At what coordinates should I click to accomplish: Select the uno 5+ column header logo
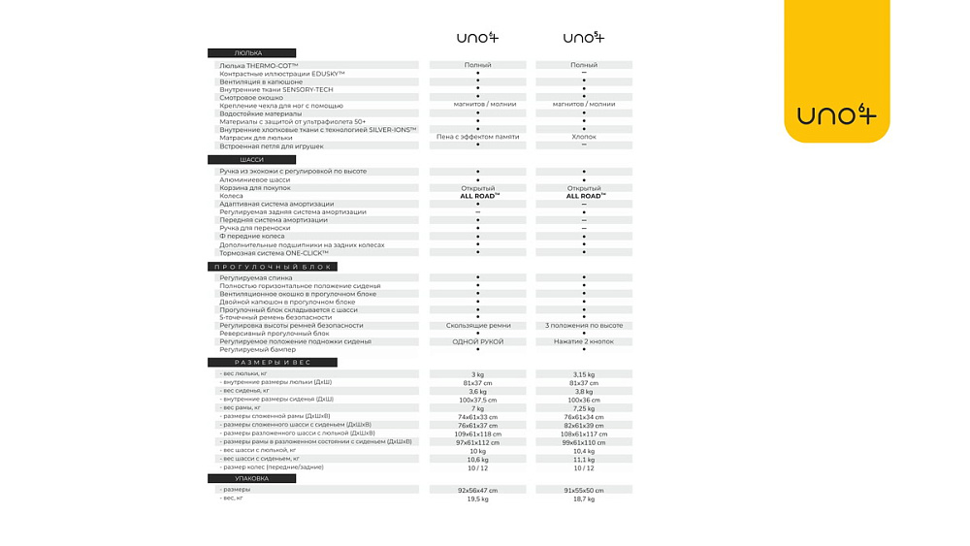tap(584, 39)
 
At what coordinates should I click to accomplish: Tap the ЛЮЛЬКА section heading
tap(251, 53)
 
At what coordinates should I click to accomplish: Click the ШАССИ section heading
tap(251, 160)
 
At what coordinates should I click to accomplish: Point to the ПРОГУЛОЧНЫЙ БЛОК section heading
tap(272, 267)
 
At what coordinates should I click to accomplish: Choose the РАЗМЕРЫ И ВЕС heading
tap(273, 363)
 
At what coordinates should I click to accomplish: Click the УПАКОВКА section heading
tap(251, 478)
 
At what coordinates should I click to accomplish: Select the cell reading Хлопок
tap(584, 137)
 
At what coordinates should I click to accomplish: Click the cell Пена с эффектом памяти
tap(477, 137)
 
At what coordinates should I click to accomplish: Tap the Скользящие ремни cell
tap(477, 326)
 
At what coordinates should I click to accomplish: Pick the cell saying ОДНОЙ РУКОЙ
tap(477, 341)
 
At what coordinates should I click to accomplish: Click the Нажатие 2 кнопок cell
tap(584, 341)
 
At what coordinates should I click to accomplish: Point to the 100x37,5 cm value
tap(477, 400)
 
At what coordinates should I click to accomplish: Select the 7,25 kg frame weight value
tap(584, 408)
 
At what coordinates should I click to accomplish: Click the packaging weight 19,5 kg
tap(477, 498)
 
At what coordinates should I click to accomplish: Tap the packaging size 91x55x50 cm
tap(584, 490)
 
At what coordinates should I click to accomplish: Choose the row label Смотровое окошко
tap(251, 98)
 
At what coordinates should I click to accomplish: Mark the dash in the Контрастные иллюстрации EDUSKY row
tap(584, 73)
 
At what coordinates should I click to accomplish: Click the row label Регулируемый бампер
tap(257, 349)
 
